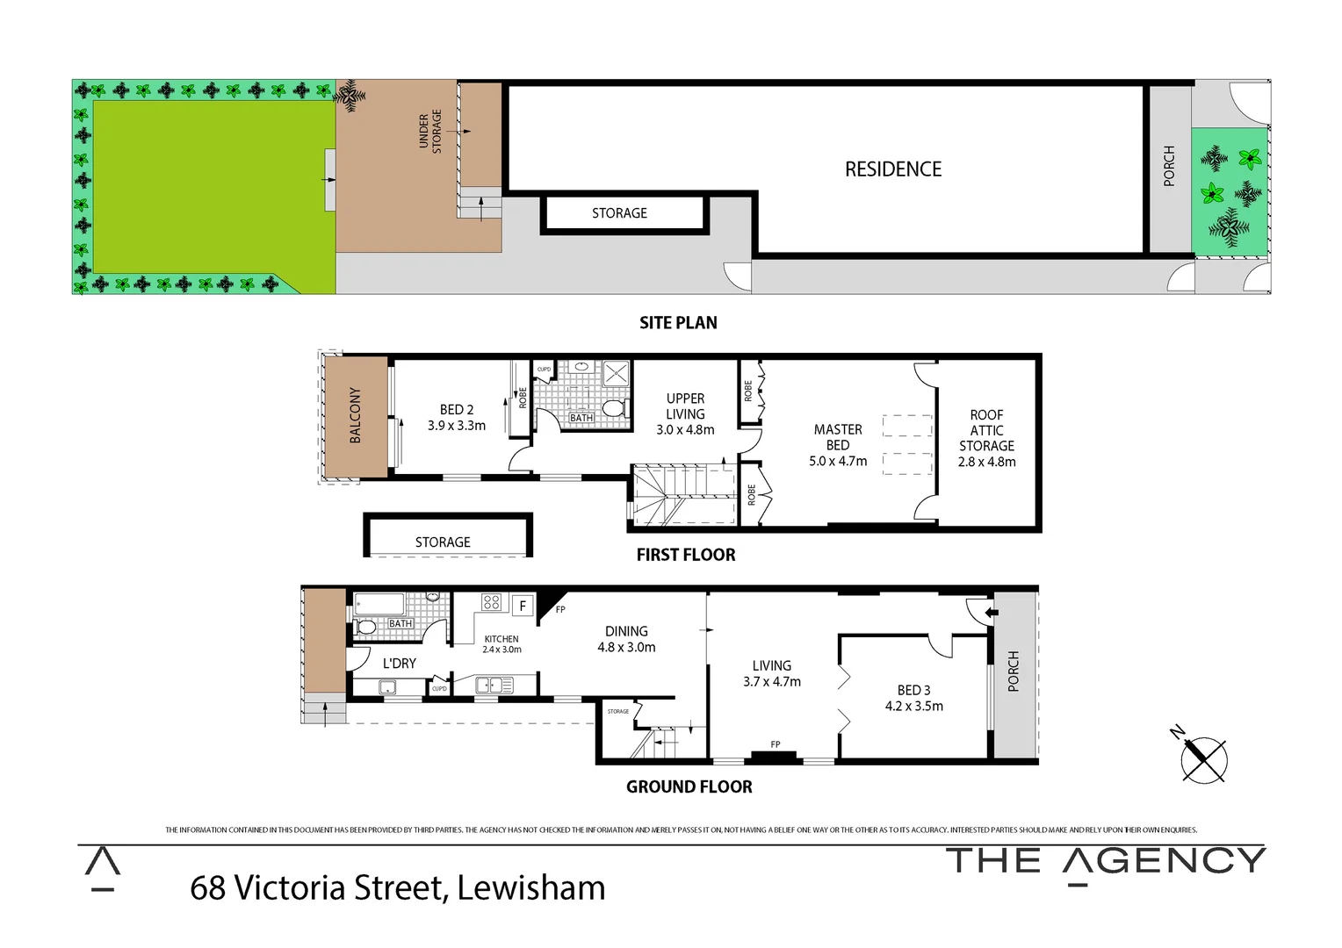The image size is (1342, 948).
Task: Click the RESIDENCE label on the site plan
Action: [x=892, y=169]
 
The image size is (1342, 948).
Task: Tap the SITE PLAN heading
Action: [x=678, y=323]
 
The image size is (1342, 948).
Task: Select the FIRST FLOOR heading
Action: [x=686, y=555]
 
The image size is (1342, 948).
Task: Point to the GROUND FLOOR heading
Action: [x=689, y=787]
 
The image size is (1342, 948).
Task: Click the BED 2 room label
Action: [x=457, y=418]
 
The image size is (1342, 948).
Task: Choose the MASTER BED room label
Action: [x=838, y=445]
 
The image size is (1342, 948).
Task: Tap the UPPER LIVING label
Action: [x=685, y=414]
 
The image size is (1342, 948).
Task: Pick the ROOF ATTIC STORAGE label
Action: [x=986, y=438]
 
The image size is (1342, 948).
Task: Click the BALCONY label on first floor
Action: [x=356, y=415]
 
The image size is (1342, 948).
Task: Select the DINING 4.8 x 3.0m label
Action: [x=626, y=639]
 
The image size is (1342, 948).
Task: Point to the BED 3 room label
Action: [x=913, y=698]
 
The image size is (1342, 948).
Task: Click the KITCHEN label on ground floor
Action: [x=501, y=643]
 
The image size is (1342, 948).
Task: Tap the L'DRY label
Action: [x=399, y=664]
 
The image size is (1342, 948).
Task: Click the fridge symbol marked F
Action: [x=523, y=606]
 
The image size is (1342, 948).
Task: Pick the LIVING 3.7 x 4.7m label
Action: [x=771, y=673]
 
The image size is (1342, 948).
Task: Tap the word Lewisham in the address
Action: [x=530, y=888]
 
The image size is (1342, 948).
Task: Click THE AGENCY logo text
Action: [x=1105, y=861]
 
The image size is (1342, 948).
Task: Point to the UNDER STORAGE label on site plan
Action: [x=430, y=132]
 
